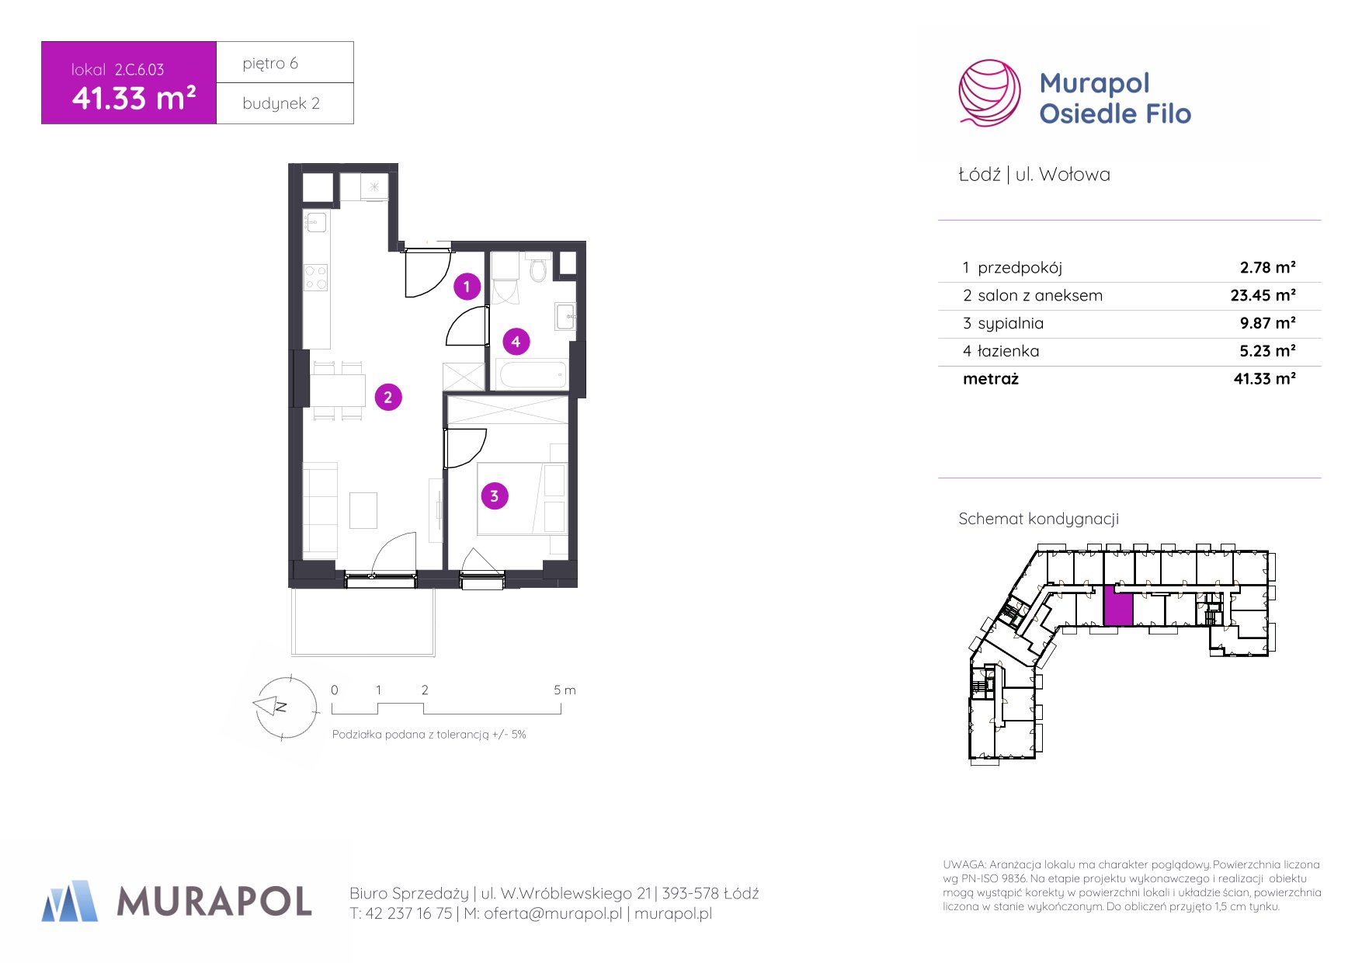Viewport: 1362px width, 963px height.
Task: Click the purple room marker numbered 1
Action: (467, 287)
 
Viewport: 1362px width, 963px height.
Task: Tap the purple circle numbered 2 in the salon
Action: (388, 397)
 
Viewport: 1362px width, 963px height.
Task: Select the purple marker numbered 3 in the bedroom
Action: (495, 495)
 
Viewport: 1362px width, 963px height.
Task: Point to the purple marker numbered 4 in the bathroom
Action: (516, 341)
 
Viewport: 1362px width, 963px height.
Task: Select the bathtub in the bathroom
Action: (533, 374)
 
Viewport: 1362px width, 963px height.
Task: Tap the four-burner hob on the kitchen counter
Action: (316, 277)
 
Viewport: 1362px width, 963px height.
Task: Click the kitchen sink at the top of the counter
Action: (316, 222)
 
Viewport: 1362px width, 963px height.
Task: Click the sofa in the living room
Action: (320, 510)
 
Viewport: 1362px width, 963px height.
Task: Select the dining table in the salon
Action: (338, 390)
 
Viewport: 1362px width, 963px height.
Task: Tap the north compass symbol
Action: (281, 707)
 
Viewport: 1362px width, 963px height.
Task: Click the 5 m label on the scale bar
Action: (565, 690)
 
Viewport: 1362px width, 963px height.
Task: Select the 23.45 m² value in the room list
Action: (1263, 295)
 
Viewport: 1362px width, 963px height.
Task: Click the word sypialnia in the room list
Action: (1010, 324)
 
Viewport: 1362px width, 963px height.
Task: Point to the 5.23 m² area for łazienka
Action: (1267, 351)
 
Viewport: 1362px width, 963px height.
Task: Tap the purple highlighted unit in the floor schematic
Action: (1118, 606)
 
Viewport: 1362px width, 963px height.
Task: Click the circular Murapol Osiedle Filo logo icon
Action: (989, 93)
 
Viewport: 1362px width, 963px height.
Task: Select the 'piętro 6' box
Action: (285, 62)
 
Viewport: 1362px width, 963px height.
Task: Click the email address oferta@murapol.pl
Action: (553, 913)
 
